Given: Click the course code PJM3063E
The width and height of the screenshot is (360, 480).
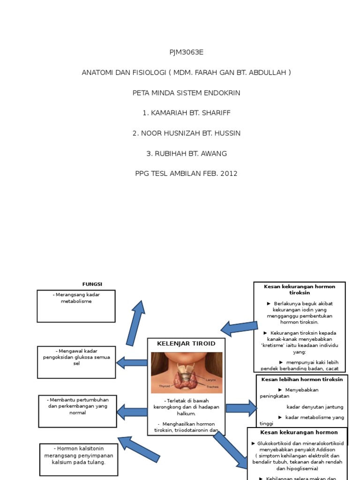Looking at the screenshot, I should pyautogui.click(x=187, y=52).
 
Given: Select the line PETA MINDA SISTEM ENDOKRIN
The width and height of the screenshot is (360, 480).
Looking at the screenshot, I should pyautogui.click(x=187, y=93).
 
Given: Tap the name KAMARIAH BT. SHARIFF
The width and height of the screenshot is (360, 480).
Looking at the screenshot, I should pyautogui.click(x=187, y=113).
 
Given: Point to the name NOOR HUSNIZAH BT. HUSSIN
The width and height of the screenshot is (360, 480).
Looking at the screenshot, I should pyautogui.click(x=187, y=133).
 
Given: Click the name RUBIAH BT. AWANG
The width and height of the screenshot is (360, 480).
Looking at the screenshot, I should pyautogui.click(x=187, y=153).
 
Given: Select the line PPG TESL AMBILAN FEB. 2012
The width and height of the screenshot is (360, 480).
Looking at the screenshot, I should pyautogui.click(x=187, y=173).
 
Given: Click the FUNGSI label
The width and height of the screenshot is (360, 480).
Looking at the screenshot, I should pyautogui.click(x=92, y=284).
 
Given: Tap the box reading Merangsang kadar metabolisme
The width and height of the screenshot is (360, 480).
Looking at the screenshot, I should pyautogui.click(x=76, y=306).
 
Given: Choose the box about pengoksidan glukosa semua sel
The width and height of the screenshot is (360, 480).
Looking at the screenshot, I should pyautogui.click(x=76, y=362).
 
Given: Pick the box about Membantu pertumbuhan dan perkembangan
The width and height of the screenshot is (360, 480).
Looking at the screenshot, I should pyautogui.click(x=77, y=411).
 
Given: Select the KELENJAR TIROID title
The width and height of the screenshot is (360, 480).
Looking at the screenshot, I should pyautogui.click(x=186, y=344).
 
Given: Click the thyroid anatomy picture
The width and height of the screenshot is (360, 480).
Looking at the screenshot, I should pyautogui.click(x=187, y=373).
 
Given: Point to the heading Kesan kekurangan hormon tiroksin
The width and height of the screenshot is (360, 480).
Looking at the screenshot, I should pyautogui.click(x=300, y=289).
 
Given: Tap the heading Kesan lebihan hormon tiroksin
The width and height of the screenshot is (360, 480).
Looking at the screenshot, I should pyautogui.click(x=302, y=379).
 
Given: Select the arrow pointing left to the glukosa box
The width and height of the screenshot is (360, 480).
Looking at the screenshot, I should pyautogui.click(x=132, y=362).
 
